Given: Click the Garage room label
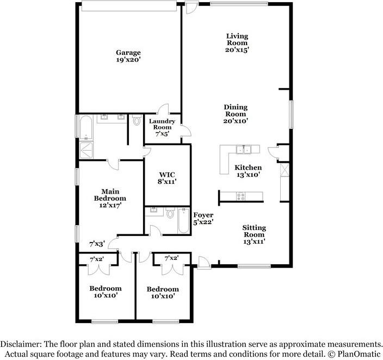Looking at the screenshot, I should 128,53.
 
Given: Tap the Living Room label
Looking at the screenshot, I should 237,39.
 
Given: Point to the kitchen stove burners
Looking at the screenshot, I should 239,196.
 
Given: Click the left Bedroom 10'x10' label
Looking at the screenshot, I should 105,288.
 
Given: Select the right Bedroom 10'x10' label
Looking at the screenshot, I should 163,289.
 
